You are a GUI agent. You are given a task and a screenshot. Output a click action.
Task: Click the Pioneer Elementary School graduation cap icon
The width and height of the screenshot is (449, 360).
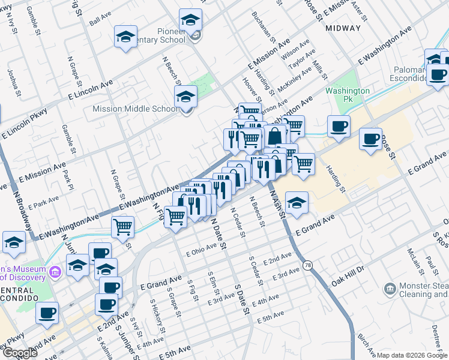click(191, 21)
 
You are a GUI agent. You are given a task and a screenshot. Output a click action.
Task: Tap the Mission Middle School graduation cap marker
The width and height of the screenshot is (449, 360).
click(186, 97)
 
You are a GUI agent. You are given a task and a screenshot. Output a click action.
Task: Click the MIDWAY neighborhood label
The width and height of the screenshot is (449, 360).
click(343, 28)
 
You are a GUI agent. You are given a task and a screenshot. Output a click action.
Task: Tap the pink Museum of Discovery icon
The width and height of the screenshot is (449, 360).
click(55, 272)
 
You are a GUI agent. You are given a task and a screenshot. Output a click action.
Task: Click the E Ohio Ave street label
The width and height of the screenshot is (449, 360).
click(201, 249)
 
